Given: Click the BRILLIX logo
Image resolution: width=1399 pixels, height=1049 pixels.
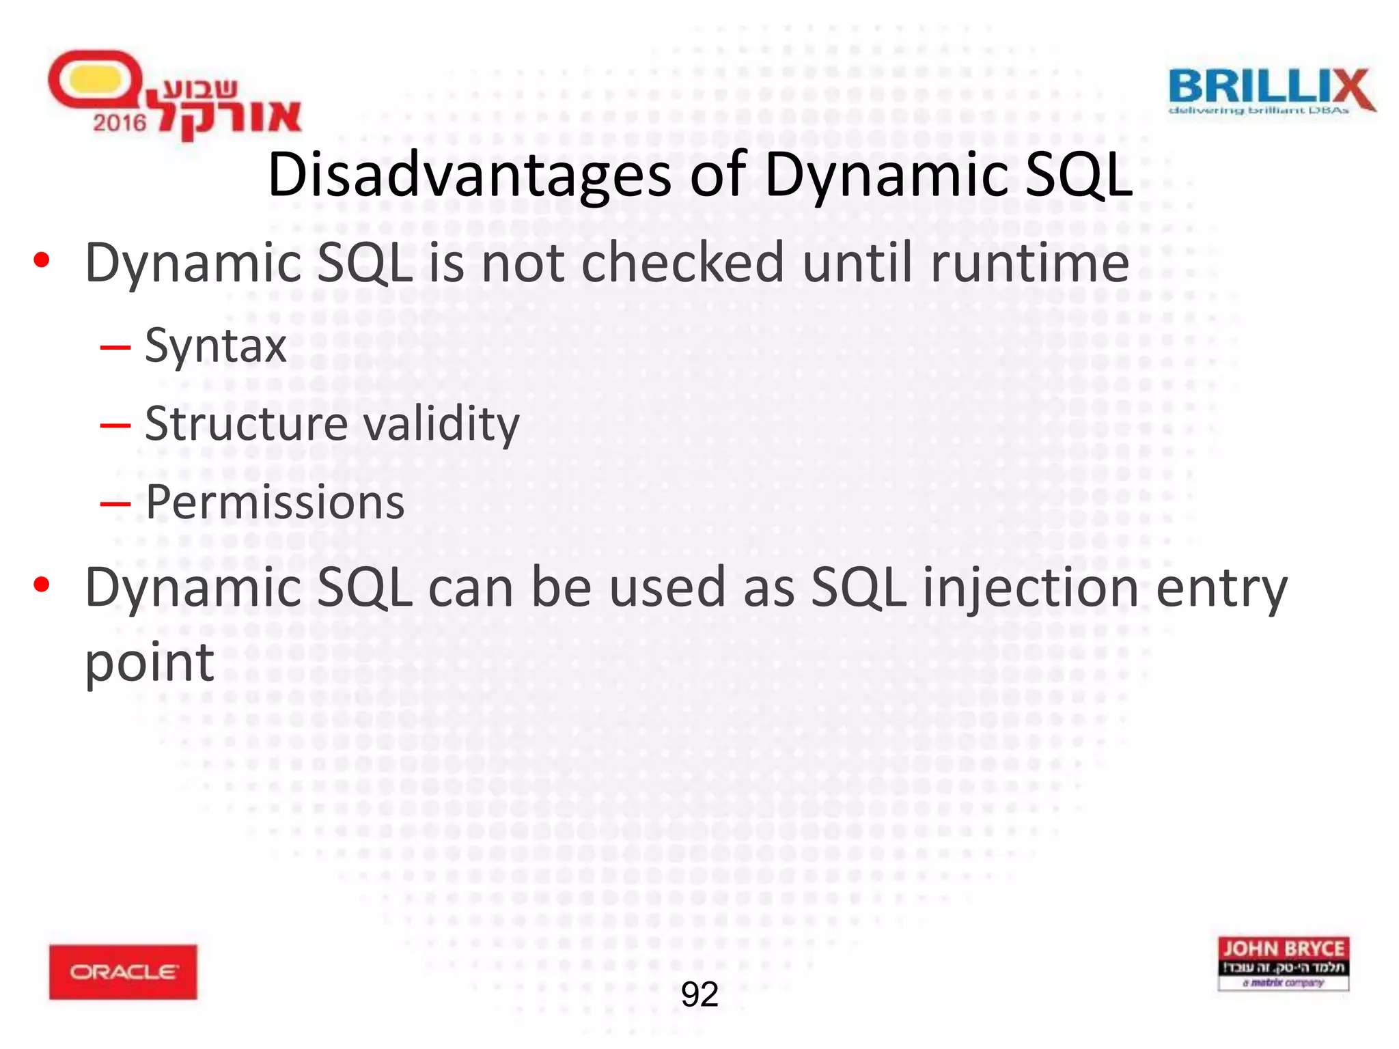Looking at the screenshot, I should (x=1271, y=91).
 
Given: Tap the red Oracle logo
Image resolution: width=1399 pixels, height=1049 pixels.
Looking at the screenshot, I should (x=123, y=972).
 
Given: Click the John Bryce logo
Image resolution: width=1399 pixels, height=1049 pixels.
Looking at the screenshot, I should (x=1283, y=963).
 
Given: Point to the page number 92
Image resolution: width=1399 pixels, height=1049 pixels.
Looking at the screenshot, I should (x=699, y=994).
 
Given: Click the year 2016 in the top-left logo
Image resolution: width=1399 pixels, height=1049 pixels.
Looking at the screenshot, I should (x=120, y=123).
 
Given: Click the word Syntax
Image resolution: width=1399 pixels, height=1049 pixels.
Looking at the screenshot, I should (x=216, y=346).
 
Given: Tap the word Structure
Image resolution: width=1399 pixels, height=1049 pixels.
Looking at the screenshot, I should (x=246, y=423).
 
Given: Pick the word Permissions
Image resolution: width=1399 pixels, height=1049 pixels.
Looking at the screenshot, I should (x=275, y=503).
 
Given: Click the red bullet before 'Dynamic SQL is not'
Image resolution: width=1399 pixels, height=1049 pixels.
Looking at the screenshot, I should (x=42, y=260).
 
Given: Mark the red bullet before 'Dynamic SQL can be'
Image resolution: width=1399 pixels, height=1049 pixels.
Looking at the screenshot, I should (x=42, y=585).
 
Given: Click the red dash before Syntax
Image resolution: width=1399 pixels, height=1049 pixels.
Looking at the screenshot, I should (x=115, y=347).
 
